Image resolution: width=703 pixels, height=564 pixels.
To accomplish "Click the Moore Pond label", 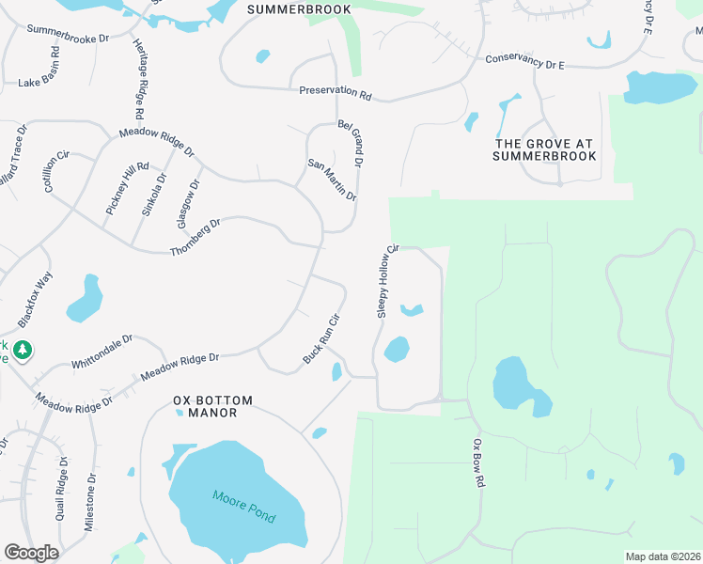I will (x=243, y=507).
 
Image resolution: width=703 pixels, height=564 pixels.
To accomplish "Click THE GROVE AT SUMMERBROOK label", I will (x=545, y=149).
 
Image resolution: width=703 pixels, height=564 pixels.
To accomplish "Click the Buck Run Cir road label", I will (x=320, y=340).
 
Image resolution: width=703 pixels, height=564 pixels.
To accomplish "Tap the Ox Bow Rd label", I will (x=478, y=462).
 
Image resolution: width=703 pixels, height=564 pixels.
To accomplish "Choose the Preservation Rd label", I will (x=336, y=92).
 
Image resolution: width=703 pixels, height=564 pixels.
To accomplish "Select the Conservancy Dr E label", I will (x=524, y=60).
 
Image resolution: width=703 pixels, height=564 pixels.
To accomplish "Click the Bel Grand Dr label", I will (x=350, y=143).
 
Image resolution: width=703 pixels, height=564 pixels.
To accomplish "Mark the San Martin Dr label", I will (x=333, y=180).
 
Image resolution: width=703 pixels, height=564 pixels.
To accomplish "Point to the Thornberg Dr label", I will (x=195, y=237).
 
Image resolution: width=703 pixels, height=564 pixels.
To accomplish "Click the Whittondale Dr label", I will (x=102, y=352).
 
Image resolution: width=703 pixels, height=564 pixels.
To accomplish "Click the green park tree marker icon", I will (x=23, y=351).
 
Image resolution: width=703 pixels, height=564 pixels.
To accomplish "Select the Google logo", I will (x=31, y=552).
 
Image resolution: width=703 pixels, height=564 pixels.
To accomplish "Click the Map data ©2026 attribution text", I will (x=663, y=556).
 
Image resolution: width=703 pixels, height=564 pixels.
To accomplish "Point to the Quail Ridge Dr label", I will (x=61, y=489).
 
